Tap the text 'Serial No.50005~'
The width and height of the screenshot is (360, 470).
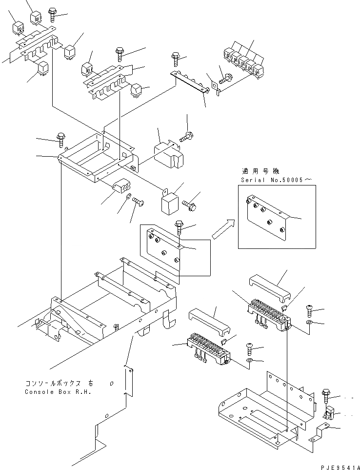pyautogui.click(x=275, y=180)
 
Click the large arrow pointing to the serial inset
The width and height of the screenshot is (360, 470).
pyautogui.click(x=222, y=229)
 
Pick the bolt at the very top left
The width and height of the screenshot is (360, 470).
pyautogui.click(x=52, y=14)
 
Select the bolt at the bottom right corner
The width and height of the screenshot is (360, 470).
pyautogui.click(x=327, y=394)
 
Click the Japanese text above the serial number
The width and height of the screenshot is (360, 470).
pyautogui.click(x=260, y=171)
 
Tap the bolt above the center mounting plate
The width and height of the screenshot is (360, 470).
pyautogui.click(x=180, y=227)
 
